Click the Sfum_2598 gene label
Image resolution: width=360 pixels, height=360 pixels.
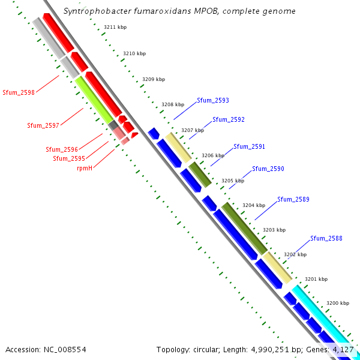[19, 92]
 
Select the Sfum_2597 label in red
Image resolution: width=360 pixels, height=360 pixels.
[43, 125]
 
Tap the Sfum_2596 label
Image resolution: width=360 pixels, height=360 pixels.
[62, 149]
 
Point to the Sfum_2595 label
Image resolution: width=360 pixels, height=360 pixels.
[69, 158]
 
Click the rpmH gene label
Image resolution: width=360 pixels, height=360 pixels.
[84, 168]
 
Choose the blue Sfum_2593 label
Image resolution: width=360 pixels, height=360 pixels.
[213, 100]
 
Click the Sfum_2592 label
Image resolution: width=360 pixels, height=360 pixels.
[229, 119]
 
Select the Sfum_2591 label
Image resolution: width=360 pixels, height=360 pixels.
[249, 146]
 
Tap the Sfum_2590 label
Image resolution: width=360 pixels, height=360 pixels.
[268, 169]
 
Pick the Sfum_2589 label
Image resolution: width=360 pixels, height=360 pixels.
[293, 199]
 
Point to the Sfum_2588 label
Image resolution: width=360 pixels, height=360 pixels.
[326, 238]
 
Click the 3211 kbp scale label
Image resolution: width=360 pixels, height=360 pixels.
[115, 27]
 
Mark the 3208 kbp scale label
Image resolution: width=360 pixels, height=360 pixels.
[173, 104]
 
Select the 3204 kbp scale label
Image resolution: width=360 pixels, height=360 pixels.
[253, 205]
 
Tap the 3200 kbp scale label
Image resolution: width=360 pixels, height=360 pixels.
[337, 303]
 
